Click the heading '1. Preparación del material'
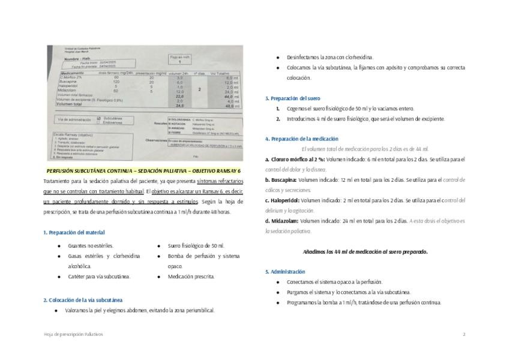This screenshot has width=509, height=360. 74,232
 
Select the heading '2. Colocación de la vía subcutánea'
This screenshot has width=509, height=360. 83,299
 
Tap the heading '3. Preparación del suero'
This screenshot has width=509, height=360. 293,98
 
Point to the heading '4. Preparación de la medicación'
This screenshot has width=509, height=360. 303,139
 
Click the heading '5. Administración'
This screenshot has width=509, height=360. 285,271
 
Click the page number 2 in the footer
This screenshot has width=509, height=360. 464,334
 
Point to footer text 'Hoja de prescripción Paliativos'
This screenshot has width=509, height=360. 73,334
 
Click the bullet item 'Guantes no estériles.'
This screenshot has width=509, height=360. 91,246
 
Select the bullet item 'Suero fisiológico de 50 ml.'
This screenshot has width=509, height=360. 196,246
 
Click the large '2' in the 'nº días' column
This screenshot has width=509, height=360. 199,88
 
